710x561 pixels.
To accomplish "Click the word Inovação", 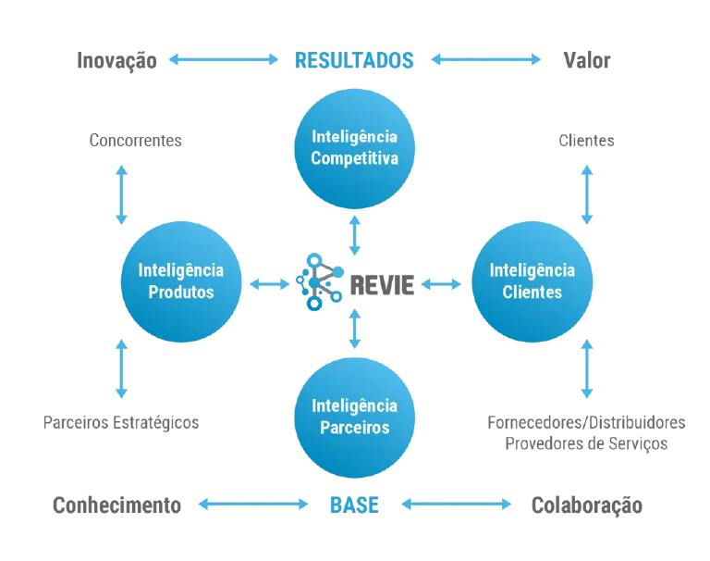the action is pos(116,61).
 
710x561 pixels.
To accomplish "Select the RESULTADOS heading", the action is pos(354,60).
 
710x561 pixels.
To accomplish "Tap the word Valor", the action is pos(586,60).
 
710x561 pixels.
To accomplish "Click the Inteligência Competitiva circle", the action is pos(355,148).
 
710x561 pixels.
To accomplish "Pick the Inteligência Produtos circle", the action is pos(181,281).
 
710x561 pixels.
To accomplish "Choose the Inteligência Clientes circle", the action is pos(532,281).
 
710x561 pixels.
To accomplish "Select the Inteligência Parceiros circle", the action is pos(355,418).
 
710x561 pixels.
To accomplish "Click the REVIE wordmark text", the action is pos(382,285).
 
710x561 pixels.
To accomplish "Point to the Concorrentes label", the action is pos(135,141).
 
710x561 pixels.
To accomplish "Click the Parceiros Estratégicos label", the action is pos(121,423).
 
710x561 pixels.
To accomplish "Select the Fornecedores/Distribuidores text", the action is pos(586,423).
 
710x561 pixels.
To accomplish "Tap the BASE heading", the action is pos(354,505).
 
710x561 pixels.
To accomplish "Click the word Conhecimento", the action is pos(116,505).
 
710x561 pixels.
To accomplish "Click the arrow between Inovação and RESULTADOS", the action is pos(224,59).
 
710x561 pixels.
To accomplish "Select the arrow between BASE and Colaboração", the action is pos(457,505).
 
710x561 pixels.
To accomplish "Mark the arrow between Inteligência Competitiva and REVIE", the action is pos(355,235).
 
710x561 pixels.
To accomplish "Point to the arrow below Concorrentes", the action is pos(121,194).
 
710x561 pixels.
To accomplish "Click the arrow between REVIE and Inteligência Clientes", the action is pos(441,284).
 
